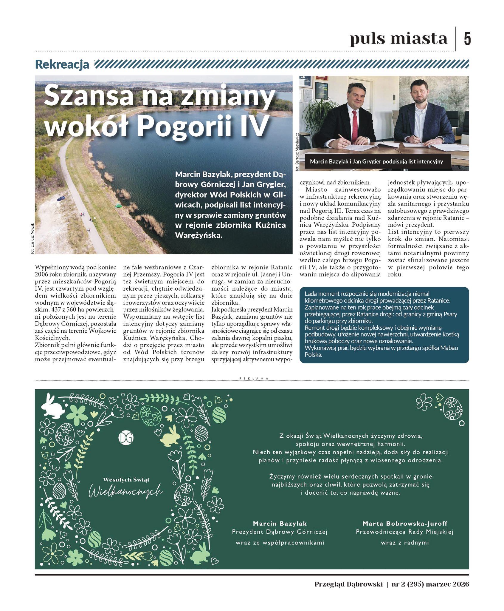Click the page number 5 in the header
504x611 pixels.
(467, 39)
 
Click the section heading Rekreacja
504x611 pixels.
(62, 64)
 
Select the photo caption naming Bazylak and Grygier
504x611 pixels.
(376, 162)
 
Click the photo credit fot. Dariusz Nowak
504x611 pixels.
(32, 238)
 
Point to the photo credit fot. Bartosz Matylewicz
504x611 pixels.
(297, 152)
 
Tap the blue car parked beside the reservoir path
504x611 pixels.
(61, 198)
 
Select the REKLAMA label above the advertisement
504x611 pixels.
(254, 378)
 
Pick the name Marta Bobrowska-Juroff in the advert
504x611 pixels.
(404, 523)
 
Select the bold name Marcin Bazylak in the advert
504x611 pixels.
(280, 523)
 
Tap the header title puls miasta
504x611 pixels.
(398, 39)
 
